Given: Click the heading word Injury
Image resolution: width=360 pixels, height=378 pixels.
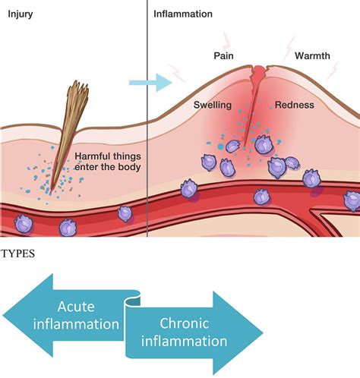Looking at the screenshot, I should pyautogui.click(x=20, y=14).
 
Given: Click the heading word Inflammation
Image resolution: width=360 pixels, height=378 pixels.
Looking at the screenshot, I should pyautogui.click(x=183, y=14).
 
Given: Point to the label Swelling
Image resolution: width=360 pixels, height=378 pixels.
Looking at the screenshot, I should pyautogui.click(x=213, y=105).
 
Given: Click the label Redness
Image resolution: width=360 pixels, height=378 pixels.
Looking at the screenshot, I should pyautogui.click(x=294, y=105).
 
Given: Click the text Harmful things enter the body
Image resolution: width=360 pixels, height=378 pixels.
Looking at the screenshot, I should pyautogui.click(x=107, y=162).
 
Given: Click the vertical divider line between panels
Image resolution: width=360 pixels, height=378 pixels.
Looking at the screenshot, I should pyautogui.click(x=146, y=114).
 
